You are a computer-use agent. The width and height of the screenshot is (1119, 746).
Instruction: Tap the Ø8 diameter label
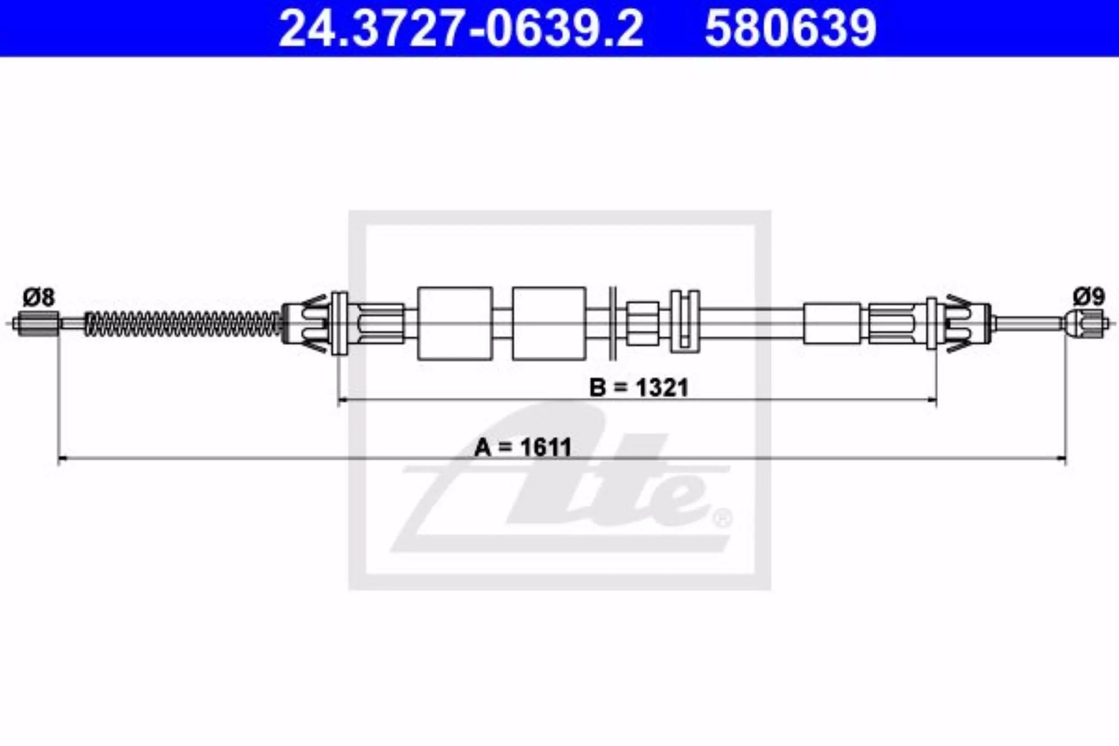point(39,298)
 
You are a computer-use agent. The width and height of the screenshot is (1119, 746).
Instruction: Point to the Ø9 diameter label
point(1088,298)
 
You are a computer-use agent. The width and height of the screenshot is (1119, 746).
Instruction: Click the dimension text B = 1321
point(639,388)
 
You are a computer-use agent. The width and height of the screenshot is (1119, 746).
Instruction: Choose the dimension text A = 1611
point(523,447)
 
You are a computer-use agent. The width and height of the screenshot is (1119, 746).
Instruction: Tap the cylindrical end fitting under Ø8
point(38,323)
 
